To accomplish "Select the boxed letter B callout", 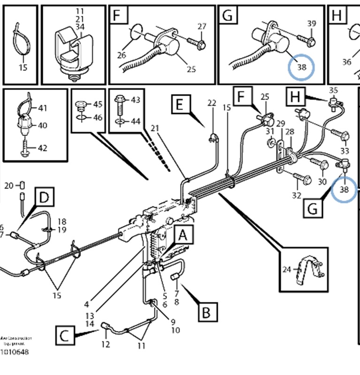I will (x=207, y=310).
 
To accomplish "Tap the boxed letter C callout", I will (x=66, y=335).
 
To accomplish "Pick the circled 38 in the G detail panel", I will (x=301, y=67).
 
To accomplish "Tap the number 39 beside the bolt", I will (x=312, y=23).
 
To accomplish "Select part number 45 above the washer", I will (x=98, y=104).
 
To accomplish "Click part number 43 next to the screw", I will (x=135, y=100).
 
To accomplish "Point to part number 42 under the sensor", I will (x=42, y=149).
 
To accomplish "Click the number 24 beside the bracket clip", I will (x=287, y=269).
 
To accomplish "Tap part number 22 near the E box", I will (x=212, y=103).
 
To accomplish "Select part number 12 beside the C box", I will (x=106, y=345).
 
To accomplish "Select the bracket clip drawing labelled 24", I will (x=308, y=272).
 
